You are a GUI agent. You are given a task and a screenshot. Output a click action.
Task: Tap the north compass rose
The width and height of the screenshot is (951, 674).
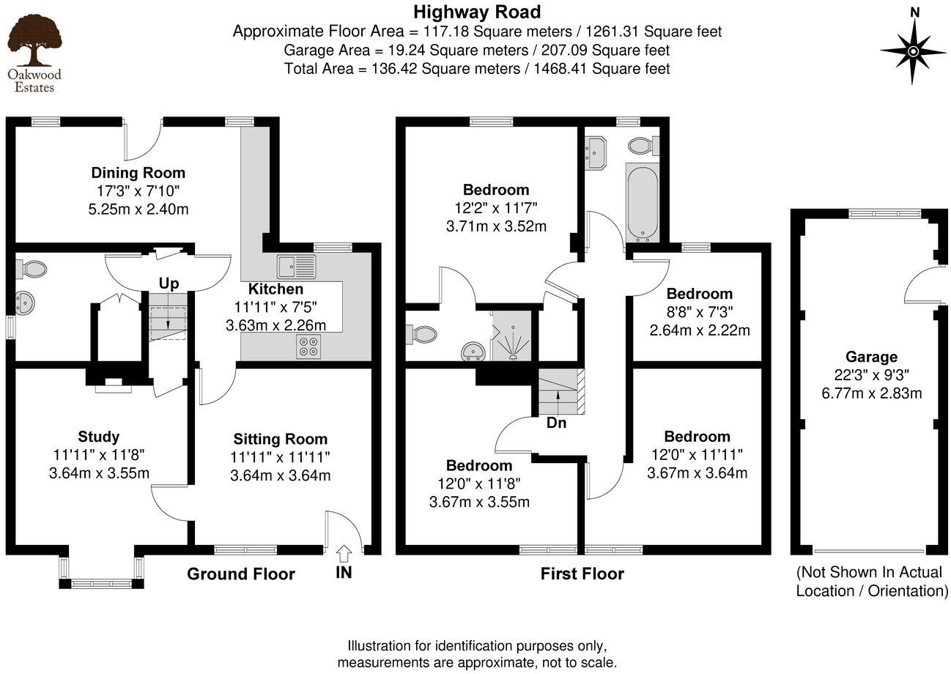[x=914, y=51]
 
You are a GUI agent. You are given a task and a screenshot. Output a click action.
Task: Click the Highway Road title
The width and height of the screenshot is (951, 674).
[x=477, y=12]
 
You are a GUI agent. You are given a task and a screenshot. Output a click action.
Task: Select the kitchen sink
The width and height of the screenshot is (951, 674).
[x=296, y=265]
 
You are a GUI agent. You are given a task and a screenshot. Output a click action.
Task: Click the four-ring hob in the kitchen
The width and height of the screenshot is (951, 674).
[x=307, y=347]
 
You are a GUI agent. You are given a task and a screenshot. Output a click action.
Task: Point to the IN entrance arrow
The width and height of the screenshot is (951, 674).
[x=344, y=553]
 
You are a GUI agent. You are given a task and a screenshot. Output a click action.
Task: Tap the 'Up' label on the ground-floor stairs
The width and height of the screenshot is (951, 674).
[x=169, y=284]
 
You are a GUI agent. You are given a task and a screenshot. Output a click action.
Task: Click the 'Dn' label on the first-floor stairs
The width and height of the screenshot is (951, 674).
[x=556, y=423]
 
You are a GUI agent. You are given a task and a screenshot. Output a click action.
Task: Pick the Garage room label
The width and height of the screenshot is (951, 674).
[x=871, y=357]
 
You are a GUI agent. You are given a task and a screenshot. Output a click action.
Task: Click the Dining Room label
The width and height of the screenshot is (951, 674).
[x=138, y=173]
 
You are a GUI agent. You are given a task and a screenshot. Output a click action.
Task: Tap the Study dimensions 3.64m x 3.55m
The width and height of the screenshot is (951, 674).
[x=99, y=473]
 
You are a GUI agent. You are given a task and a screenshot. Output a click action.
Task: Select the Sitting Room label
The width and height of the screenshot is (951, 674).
[x=280, y=439]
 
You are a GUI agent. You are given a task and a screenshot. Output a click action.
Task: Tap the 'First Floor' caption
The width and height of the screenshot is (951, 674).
[x=582, y=574]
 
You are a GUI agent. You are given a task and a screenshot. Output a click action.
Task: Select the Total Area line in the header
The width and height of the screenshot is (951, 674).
[x=477, y=69]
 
